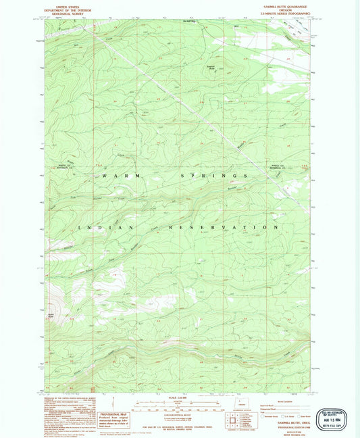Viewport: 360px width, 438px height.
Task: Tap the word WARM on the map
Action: [x=113, y=176]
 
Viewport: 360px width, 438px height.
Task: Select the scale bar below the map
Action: [x=179, y=408]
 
